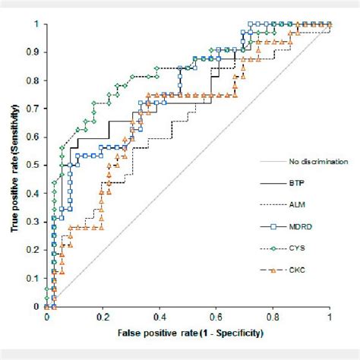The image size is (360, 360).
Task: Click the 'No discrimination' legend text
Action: coord(318,162)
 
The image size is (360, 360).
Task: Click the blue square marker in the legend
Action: coord(273,226)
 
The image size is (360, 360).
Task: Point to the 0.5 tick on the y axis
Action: coord(36,165)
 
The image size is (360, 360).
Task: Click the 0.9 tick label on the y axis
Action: coord(36,52)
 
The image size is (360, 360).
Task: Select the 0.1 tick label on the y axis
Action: coord(36,278)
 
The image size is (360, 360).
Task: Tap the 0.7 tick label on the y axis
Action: coord(36,109)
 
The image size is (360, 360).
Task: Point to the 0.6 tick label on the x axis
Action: coord(216,315)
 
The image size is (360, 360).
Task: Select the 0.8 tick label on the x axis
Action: coord(273,315)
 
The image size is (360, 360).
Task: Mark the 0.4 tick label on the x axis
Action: coord(159,315)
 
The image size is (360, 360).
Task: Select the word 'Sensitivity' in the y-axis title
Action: coord(15,117)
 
